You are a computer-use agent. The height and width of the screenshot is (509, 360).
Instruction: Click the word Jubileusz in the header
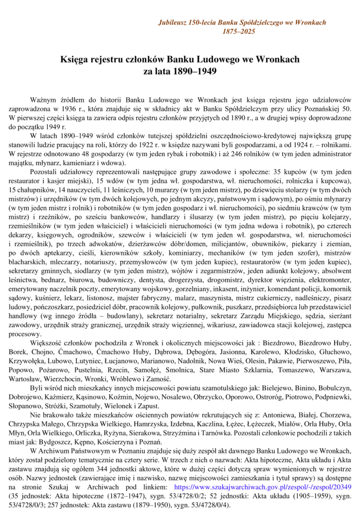tap(173, 22)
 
